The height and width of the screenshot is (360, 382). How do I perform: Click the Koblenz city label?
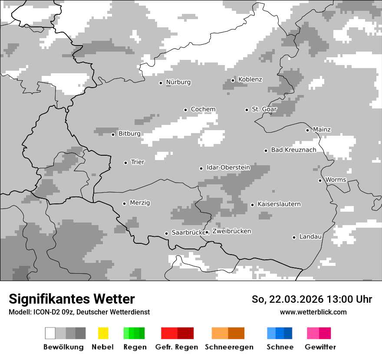tap(250, 79)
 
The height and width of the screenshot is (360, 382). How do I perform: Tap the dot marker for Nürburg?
tap(161, 83)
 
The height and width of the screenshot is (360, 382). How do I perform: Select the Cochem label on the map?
tap(203, 109)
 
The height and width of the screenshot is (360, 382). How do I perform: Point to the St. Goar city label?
tap(264, 109)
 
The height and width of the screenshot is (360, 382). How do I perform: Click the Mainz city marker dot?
tap(307, 130)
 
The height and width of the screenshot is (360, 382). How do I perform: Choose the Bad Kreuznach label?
tap(293, 150)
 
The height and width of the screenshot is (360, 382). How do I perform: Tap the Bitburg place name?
tap(129, 134)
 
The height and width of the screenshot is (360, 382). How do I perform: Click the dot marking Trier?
tap(125, 163)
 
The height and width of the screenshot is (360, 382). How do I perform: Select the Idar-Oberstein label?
tap(228, 168)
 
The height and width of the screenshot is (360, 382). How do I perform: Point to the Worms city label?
tap(336, 180)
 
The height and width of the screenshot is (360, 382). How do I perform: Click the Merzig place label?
tap(140, 203)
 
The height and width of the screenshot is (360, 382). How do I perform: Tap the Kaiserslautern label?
tap(279, 204)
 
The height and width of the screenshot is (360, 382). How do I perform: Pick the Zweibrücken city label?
tap(231, 232)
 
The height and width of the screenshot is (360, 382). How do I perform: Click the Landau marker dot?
tap(294, 237)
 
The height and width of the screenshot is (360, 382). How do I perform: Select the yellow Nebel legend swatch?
tap(103, 333)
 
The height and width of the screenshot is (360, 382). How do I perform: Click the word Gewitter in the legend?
tap(320, 347)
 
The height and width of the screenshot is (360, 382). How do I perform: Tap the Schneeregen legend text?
tap(229, 347)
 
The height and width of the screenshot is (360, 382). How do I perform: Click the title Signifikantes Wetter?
tap(72, 299)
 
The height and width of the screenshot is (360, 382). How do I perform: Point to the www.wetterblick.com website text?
tap(313, 312)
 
